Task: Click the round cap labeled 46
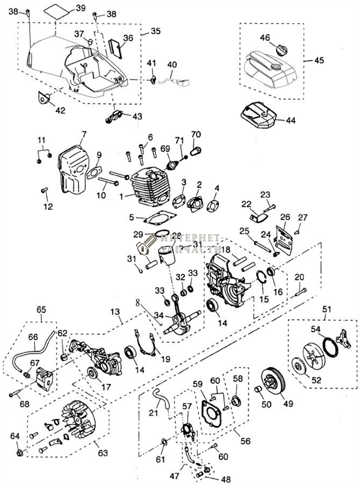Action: (x=282, y=48)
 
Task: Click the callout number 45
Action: (x=319, y=61)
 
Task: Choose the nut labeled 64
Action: (x=20, y=453)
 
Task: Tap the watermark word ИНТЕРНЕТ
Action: (x=192, y=238)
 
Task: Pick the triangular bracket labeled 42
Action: (x=45, y=97)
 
